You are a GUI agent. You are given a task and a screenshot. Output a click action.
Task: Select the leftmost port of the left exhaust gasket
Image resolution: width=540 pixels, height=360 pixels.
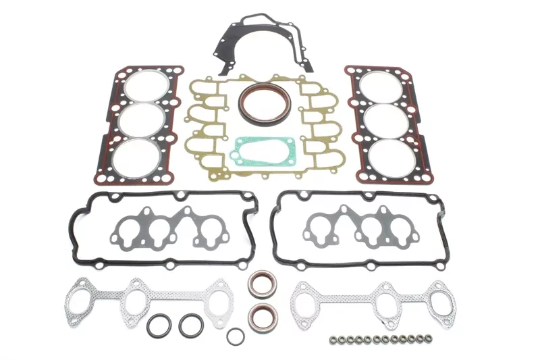pos(80,298)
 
